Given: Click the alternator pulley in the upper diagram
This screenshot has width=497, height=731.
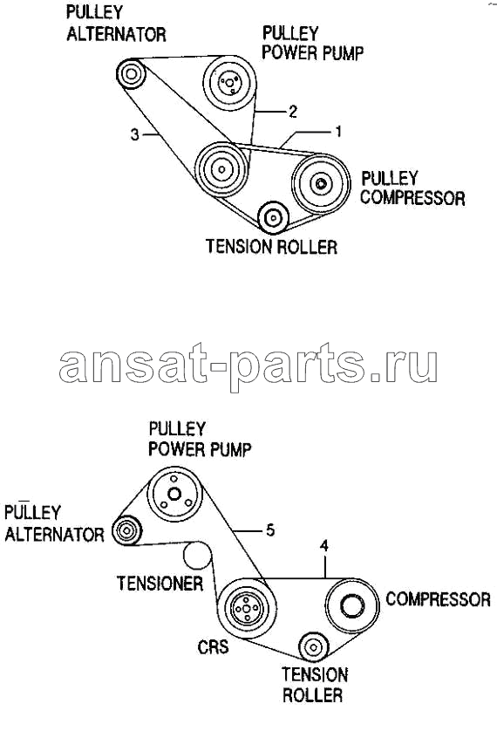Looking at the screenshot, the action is point(131,73).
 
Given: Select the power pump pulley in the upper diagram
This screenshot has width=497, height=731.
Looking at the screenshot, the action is point(229,83).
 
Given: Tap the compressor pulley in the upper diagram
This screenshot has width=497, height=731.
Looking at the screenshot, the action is point(321,184).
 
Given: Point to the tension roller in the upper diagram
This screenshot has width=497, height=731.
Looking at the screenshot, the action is point(274,218).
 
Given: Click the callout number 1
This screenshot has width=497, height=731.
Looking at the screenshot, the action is point(338,132).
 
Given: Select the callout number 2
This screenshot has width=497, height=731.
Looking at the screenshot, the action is point(292,112).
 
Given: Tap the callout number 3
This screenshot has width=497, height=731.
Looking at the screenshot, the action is point(134,134).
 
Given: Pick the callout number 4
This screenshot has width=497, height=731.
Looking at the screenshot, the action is point(324,545).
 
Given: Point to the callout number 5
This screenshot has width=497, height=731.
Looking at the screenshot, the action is point(270,530).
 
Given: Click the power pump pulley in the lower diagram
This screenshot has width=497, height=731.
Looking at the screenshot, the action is point(174,495).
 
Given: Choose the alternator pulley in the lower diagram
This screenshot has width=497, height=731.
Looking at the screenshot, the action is point(126,530).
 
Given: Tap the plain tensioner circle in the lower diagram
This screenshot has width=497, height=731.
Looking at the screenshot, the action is point(198,556).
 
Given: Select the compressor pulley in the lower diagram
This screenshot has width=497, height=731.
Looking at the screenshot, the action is point(352,605).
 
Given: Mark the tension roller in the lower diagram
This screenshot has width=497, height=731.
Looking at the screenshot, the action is point(314,647).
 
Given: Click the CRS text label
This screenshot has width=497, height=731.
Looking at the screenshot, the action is point(214,646).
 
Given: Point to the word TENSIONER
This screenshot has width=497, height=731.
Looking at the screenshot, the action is point(160,584).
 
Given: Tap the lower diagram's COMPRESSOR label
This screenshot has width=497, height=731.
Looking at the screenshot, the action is point(439,599).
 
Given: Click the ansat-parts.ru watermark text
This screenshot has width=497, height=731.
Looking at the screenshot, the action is point(248,366).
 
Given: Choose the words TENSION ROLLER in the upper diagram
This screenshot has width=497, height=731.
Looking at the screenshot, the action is point(271,246).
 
